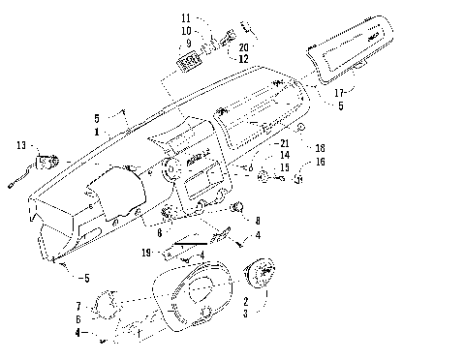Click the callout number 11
coord(185,18)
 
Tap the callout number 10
coord(185,31)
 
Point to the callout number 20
coord(243,47)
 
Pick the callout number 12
coord(243,59)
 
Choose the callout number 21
coord(284,144)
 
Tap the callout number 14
coord(284,155)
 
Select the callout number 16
coord(320,162)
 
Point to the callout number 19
coord(146,252)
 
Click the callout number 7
coord(78,306)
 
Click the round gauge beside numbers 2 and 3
coord(261,276)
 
